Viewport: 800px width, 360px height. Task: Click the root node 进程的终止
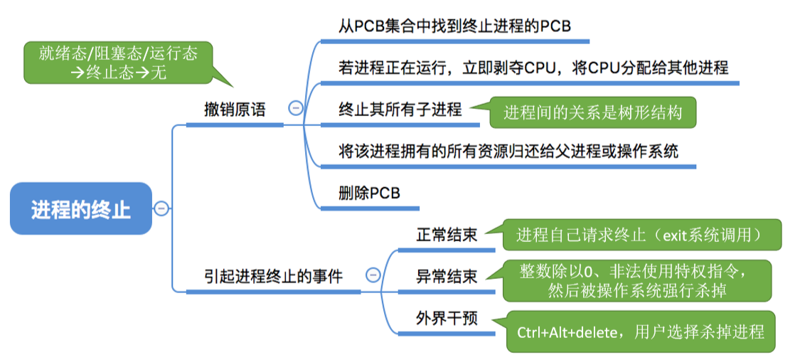(x=81, y=209)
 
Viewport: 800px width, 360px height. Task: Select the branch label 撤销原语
(x=235, y=110)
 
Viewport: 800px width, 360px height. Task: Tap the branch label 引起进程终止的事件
(x=273, y=276)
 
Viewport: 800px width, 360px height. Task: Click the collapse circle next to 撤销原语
(x=295, y=108)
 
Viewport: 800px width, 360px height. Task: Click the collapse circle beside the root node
(x=161, y=208)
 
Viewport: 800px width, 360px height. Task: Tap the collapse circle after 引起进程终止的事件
(x=373, y=275)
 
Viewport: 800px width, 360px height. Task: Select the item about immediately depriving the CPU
(x=533, y=68)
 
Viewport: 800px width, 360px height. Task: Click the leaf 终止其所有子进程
(x=400, y=110)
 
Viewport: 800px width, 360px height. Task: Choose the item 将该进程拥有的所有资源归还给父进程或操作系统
(x=508, y=151)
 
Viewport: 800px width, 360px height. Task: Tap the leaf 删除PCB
(x=369, y=193)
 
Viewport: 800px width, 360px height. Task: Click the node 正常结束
(x=446, y=235)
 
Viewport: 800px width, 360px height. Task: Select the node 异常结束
(x=446, y=276)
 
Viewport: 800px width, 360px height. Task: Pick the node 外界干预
(x=446, y=318)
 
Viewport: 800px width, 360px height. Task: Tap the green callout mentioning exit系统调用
(x=641, y=235)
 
